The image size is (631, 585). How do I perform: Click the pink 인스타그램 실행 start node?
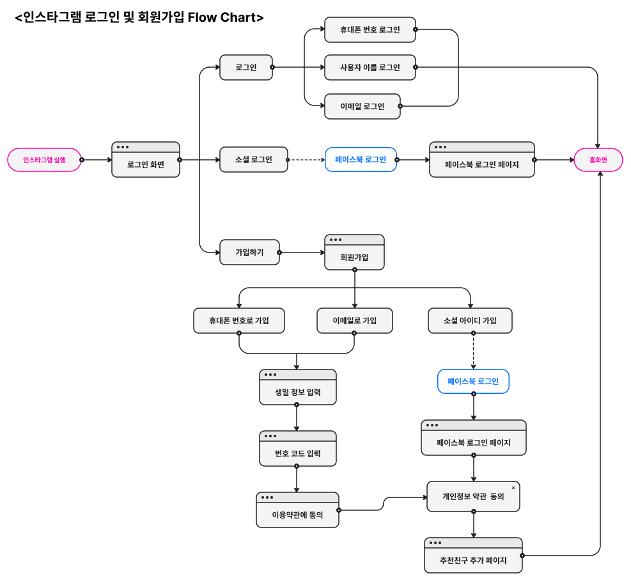point(44,160)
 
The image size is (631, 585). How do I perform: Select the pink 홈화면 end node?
point(598,160)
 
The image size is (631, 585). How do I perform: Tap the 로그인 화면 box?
point(146,164)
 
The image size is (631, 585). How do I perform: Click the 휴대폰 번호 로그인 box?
point(370,29)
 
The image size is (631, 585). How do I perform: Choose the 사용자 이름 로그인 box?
point(370,67)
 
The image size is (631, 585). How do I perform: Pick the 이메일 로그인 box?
point(362,106)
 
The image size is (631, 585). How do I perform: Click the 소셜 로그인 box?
point(253,159)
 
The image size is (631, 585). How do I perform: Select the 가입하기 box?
point(249,252)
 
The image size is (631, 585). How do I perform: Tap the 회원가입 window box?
point(354,256)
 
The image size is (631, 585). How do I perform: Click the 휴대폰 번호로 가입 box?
point(238,320)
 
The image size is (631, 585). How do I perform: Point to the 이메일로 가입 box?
point(354,320)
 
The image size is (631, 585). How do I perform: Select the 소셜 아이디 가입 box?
point(470,320)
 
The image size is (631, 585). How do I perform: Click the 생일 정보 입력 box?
point(297,391)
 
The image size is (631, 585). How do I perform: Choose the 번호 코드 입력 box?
point(297,453)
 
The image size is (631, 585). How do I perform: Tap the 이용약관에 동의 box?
point(297,514)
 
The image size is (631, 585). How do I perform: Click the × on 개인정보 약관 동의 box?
point(513,488)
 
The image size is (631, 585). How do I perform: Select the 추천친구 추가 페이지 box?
point(473,559)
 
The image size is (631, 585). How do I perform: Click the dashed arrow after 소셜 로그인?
point(306,160)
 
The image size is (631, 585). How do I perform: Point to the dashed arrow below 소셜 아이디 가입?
point(473,351)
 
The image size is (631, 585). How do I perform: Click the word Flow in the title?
point(203,17)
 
